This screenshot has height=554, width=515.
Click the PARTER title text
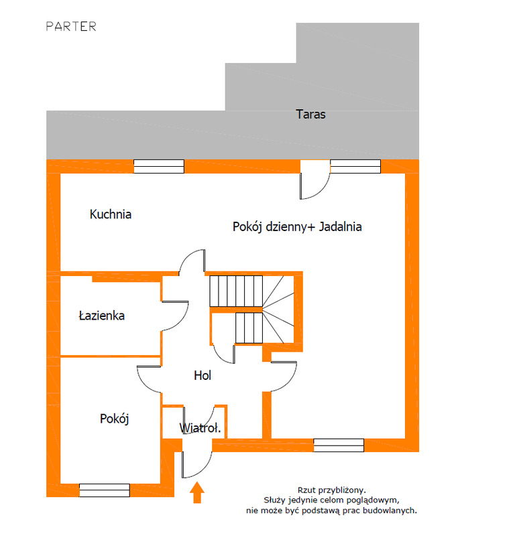(71, 27)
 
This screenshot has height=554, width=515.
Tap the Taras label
(310, 115)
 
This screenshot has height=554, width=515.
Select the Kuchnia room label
(111, 214)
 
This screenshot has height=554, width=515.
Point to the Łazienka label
(101, 316)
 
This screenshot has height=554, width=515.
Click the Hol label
(203, 375)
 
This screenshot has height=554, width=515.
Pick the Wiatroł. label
(201, 428)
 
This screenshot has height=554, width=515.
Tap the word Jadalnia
(340, 226)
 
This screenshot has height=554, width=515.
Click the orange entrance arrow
(197, 492)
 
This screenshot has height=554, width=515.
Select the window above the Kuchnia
(159, 166)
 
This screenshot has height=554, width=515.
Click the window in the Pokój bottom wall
(105, 490)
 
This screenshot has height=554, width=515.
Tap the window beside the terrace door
(355, 166)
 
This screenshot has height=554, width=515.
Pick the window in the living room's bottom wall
(339, 445)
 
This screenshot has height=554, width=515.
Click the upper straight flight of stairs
(236, 291)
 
